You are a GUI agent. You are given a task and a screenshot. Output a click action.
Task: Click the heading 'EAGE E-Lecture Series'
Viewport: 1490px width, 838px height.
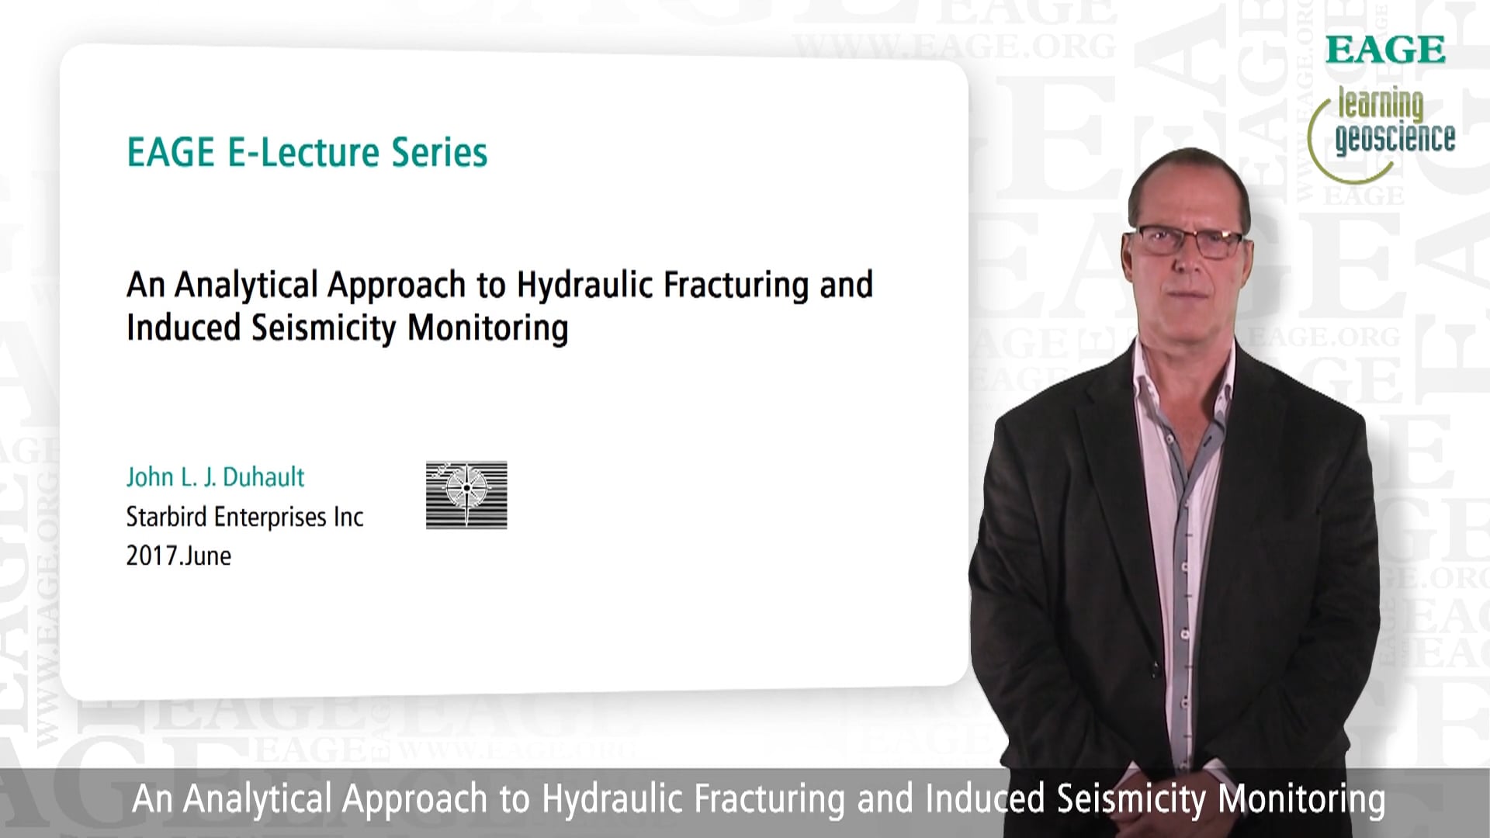tap(307, 152)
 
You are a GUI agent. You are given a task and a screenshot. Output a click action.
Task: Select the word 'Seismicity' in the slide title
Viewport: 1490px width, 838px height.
tap(324, 328)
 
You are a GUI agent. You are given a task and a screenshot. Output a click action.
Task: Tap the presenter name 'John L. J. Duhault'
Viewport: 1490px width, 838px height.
tap(216, 476)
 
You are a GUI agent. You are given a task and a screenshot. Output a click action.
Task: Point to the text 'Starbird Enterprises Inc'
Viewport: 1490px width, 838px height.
tap(244, 517)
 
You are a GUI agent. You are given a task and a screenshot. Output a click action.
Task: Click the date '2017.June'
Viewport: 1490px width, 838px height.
tap(178, 556)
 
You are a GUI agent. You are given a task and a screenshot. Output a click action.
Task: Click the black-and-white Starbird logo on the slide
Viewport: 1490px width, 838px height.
tap(466, 495)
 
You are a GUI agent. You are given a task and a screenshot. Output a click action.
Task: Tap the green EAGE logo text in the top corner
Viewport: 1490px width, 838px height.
tap(1385, 50)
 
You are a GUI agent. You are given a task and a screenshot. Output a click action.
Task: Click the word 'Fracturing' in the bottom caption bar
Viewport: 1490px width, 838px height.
tap(768, 799)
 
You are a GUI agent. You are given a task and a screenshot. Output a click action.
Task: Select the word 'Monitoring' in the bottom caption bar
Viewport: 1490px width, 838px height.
tap(1301, 799)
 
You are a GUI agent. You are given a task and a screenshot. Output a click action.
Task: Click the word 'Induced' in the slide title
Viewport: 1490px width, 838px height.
tap(183, 328)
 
